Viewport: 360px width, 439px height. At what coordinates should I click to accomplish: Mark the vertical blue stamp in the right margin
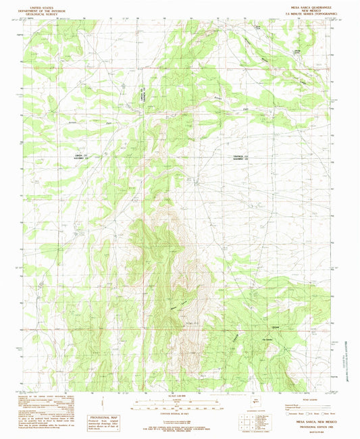tap(350, 350)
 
